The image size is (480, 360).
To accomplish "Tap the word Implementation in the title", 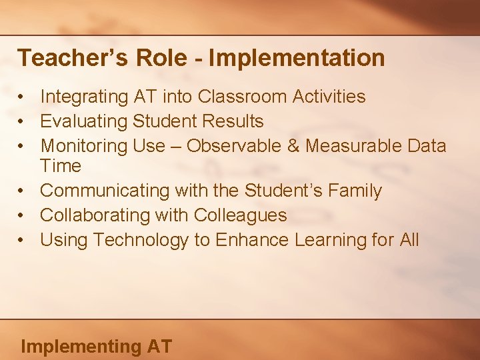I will (x=297, y=58).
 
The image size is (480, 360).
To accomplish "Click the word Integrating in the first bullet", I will (x=84, y=97).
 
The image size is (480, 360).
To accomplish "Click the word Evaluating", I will (x=84, y=121).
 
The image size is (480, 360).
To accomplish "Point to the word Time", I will (x=61, y=166).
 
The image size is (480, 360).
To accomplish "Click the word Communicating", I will (x=105, y=191).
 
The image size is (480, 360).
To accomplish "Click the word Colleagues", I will (x=241, y=215).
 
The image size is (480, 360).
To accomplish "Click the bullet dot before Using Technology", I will (x=23, y=240).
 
